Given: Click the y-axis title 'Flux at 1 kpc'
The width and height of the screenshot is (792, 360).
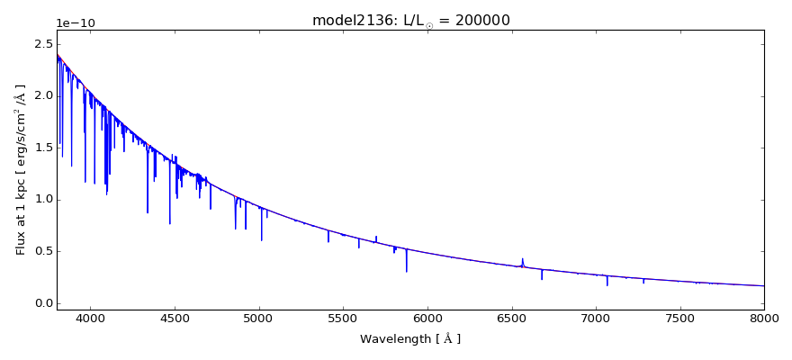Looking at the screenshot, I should [20, 169].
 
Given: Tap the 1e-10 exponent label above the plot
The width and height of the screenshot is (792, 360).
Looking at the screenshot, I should [76, 23].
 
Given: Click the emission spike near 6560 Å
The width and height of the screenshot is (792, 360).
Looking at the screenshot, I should [522, 261].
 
